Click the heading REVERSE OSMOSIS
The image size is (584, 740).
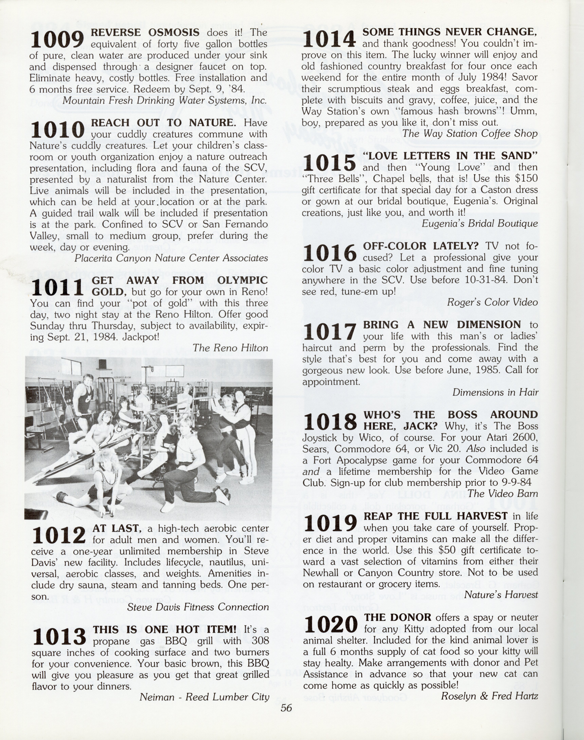click(145, 32)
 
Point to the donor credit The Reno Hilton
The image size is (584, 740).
click(230, 348)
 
